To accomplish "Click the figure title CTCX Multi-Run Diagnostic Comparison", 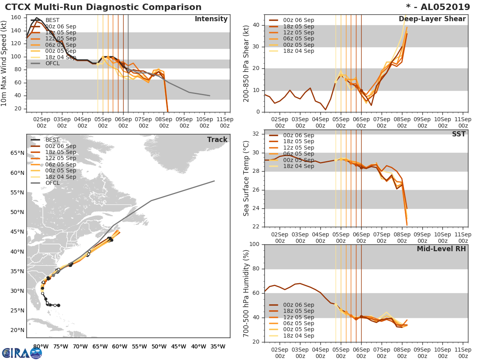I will (x=103, y=7).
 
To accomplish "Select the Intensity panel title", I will (x=211, y=19).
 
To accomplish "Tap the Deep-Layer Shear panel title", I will (x=432, y=19).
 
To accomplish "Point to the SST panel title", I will (x=459, y=134).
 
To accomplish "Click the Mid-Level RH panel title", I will (x=441, y=249).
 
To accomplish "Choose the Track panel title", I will (x=217, y=140).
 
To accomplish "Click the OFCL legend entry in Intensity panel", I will (x=52, y=63).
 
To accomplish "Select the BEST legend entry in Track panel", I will (x=52, y=140).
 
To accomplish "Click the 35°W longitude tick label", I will (x=218, y=346).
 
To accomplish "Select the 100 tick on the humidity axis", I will (x=255, y=244).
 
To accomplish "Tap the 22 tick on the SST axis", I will (x=256, y=227).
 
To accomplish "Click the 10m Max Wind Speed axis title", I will (x=5, y=64).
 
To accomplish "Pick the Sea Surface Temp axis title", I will (x=246, y=178).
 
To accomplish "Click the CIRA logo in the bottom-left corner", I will (x=22, y=353).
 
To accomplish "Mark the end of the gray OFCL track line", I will (x=214, y=181).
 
